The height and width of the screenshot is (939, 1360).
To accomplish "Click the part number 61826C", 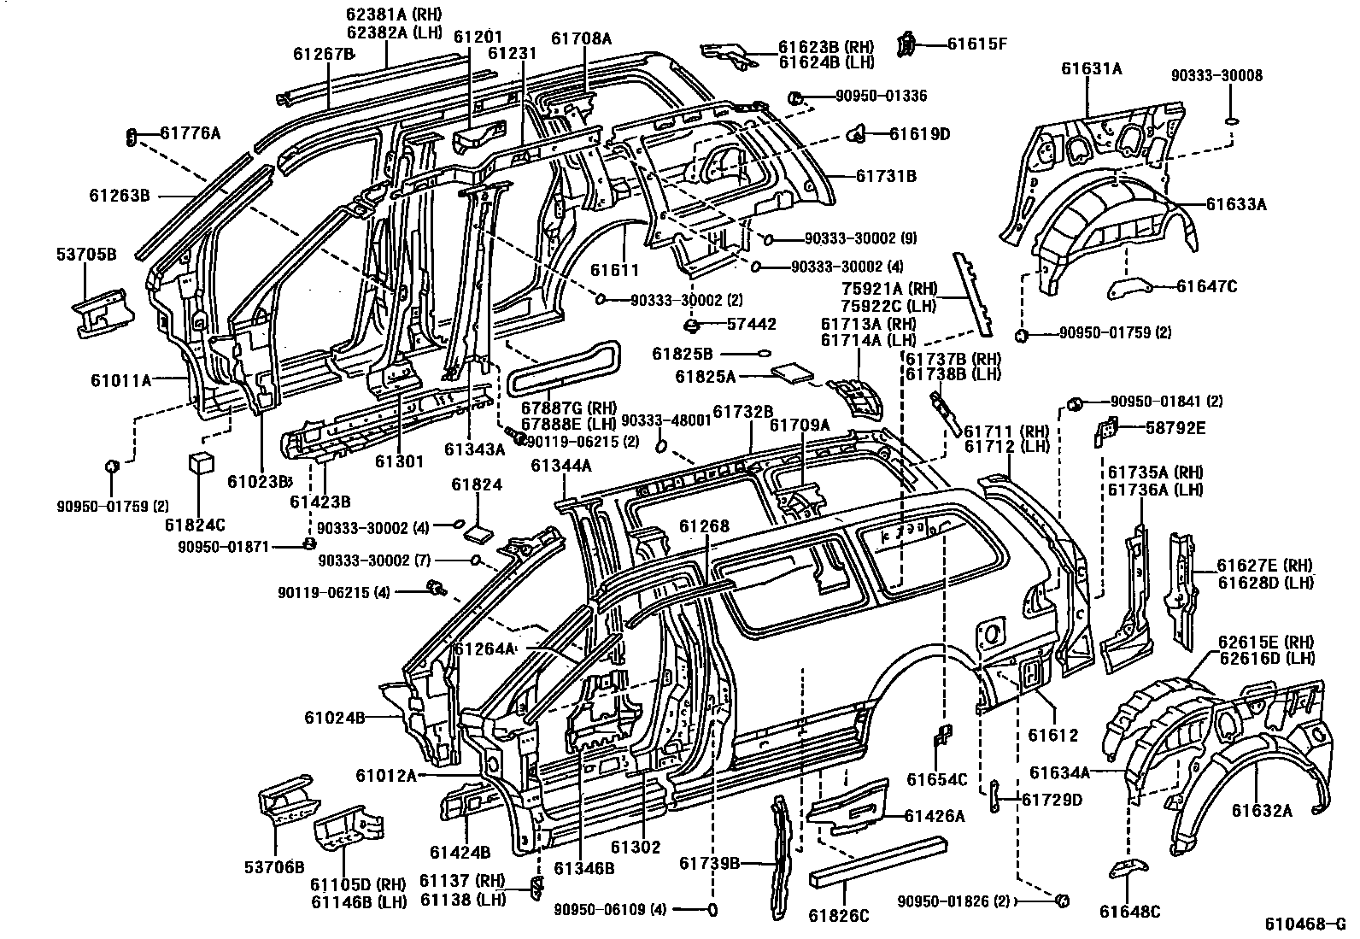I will pyautogui.click(x=839, y=915).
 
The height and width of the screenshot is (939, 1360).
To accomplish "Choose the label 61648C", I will pyautogui.click(x=1130, y=911).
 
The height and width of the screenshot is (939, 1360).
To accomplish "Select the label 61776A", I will pyautogui.click(x=191, y=132).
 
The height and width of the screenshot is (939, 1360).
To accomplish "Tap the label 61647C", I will pyautogui.click(x=1206, y=286).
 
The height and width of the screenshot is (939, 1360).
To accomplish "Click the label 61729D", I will pyautogui.click(x=1052, y=800).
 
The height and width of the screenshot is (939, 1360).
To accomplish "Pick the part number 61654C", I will pyautogui.click(x=936, y=779).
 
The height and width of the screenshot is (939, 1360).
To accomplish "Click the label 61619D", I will pyautogui.click(x=920, y=133).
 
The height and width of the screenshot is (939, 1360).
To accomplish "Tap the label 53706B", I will pyautogui.click(x=275, y=867).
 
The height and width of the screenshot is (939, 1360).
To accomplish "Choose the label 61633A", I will pyautogui.click(x=1236, y=204).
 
